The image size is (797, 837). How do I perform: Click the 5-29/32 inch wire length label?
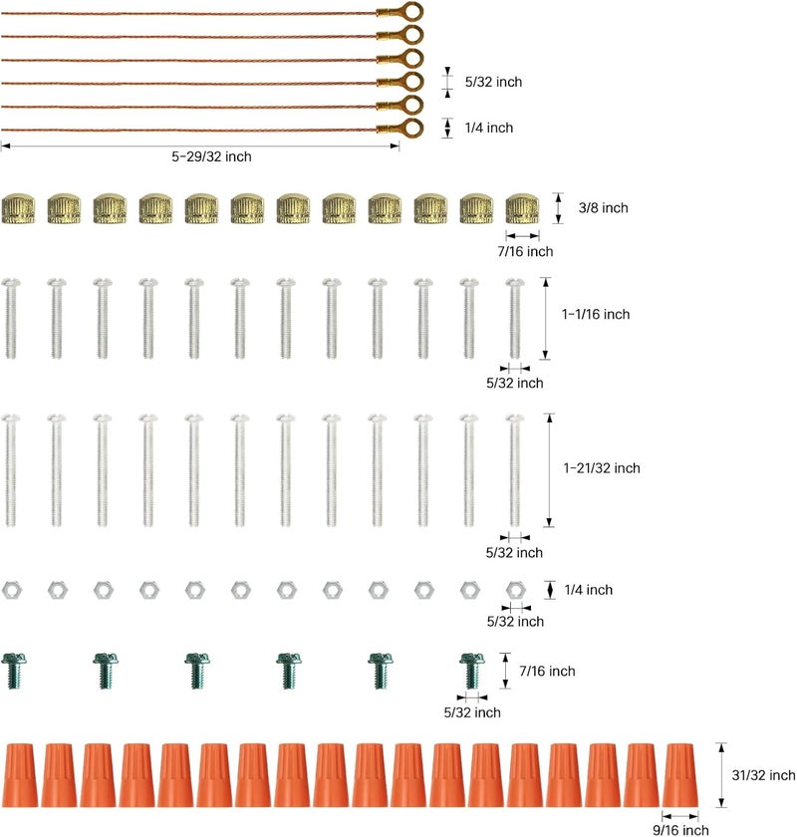pos(211,156)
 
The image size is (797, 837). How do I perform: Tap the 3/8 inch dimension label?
pos(603,207)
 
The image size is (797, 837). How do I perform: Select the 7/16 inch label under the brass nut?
pos(525,251)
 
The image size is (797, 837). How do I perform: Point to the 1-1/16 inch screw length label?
pos(596,314)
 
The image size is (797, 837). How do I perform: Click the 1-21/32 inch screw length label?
pos(602,468)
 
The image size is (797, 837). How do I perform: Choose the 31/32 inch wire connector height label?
pos(763,775)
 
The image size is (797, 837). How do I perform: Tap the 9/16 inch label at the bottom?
pos(681,830)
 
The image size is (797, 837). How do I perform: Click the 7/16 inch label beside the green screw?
pos(547,671)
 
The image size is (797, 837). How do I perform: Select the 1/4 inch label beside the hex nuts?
pos(588,590)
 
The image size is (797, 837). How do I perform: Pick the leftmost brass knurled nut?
pos(18,208)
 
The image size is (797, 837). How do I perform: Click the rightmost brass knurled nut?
pos(523,208)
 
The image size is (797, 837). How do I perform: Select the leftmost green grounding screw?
pos(14,671)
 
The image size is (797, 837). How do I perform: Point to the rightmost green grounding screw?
pos(472,671)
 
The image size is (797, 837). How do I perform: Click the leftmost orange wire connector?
pos(21,775)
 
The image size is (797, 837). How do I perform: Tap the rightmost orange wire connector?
pos(680,775)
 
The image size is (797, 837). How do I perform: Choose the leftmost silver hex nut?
pos(12,590)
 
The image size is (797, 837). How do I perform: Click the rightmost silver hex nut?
pos(516,590)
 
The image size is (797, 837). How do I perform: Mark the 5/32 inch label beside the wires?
pos(493,82)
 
